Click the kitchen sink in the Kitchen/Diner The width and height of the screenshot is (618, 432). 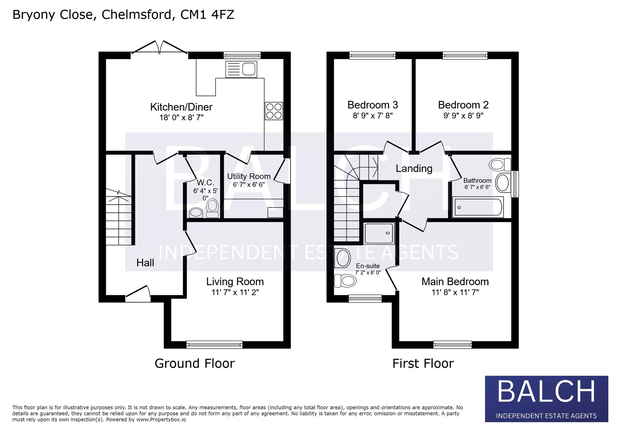241,69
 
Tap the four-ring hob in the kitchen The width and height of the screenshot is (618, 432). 274,111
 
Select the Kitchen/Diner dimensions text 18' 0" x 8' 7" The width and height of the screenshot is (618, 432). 181,117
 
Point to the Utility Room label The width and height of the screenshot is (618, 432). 249,176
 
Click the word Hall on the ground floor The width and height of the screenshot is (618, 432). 145,263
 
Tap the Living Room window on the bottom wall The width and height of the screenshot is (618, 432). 214,344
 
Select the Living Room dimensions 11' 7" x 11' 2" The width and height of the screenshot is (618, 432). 235,292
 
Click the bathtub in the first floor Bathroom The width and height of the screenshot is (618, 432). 478,207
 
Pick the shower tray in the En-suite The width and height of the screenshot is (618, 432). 379,233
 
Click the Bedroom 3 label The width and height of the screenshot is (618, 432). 373,105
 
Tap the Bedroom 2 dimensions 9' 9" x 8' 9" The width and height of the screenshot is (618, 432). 463,115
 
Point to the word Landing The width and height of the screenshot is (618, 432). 414,169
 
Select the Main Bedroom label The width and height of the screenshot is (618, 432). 455,282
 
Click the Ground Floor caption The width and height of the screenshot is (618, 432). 195,364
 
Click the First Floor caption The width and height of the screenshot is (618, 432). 423,364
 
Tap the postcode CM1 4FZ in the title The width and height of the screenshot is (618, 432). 207,15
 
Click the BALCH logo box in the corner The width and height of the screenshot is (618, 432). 546,399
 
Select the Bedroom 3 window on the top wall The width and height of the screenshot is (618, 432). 372,55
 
